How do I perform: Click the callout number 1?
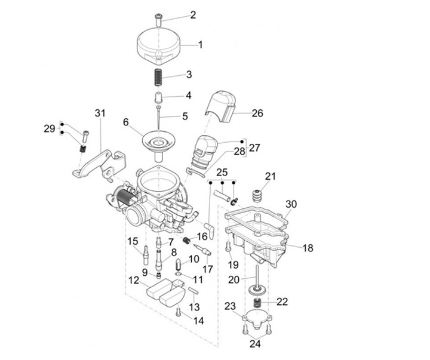coord(200,44)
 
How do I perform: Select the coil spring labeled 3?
coord(159,76)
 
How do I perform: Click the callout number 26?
coord(257,113)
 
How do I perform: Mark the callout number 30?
coord(291,204)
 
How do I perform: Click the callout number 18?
coord(308,248)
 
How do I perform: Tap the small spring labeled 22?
coord(258,303)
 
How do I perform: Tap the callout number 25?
coord(222,172)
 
